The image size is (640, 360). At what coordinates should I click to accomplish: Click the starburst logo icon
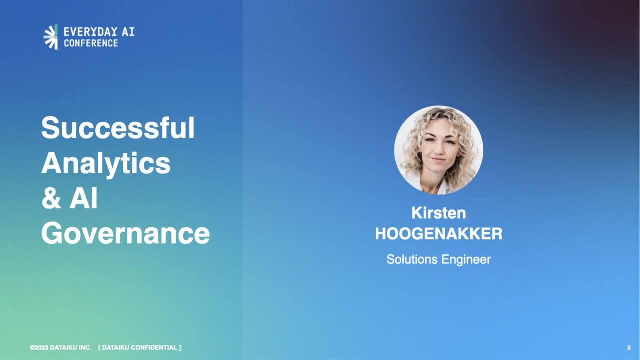pos(51,37)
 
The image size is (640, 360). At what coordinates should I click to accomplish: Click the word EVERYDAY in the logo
pos(91,31)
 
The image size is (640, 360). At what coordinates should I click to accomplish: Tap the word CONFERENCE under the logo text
pos(91,43)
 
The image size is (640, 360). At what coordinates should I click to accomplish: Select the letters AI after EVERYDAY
pos(128,31)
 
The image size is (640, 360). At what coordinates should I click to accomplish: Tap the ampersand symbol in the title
pos(51,198)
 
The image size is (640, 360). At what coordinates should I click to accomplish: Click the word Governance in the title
pos(125,233)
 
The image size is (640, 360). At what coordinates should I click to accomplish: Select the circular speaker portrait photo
pos(439,150)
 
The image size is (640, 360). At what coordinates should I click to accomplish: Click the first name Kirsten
pos(439,213)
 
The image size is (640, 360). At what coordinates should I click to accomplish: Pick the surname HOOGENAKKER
pos(439,234)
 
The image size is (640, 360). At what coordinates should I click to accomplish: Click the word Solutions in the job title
pos(412,259)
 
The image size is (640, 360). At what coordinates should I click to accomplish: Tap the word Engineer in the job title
pos(466,260)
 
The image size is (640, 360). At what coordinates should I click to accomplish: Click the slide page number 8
pos(629,347)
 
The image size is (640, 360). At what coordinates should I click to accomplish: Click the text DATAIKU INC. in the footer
pos(71,347)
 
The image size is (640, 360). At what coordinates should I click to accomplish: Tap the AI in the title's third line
pos(83,198)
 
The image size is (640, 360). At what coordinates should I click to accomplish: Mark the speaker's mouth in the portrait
pos(438,159)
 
